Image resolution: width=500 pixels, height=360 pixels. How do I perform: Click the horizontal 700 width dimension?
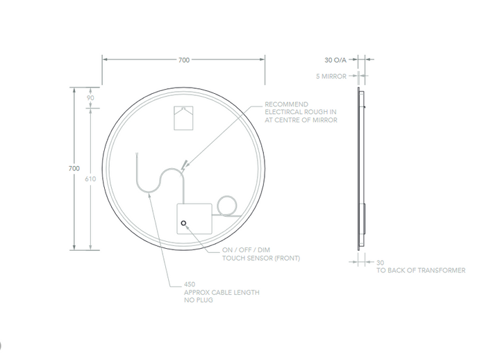point(183,60)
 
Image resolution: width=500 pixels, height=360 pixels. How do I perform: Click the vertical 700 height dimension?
point(74,168)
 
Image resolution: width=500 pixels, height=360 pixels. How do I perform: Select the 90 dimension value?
point(90,98)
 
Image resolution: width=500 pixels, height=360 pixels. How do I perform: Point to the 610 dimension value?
point(90,179)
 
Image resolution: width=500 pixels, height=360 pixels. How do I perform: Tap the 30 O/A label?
point(335,60)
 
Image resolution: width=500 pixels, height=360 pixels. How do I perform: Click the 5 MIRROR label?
point(331,76)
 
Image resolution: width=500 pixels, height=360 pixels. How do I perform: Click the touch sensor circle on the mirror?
point(183,223)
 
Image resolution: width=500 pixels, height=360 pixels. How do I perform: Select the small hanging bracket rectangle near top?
point(183,118)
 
